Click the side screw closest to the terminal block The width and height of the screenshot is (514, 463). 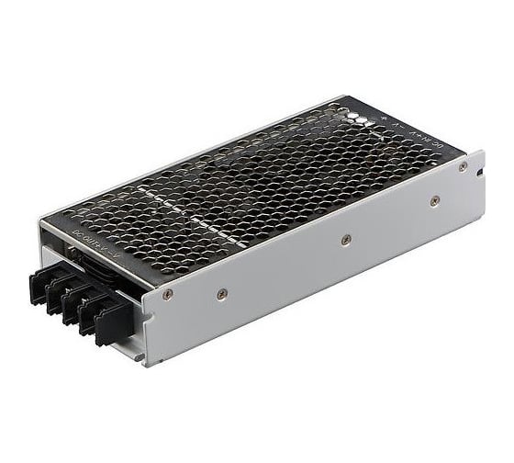pyautogui.click(x=168, y=294)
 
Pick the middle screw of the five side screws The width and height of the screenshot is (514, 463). pyautogui.click(x=346, y=240)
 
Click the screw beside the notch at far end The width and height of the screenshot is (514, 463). pyautogui.click(x=464, y=166)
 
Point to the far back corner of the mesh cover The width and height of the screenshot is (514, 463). pyautogui.click(x=344, y=97)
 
